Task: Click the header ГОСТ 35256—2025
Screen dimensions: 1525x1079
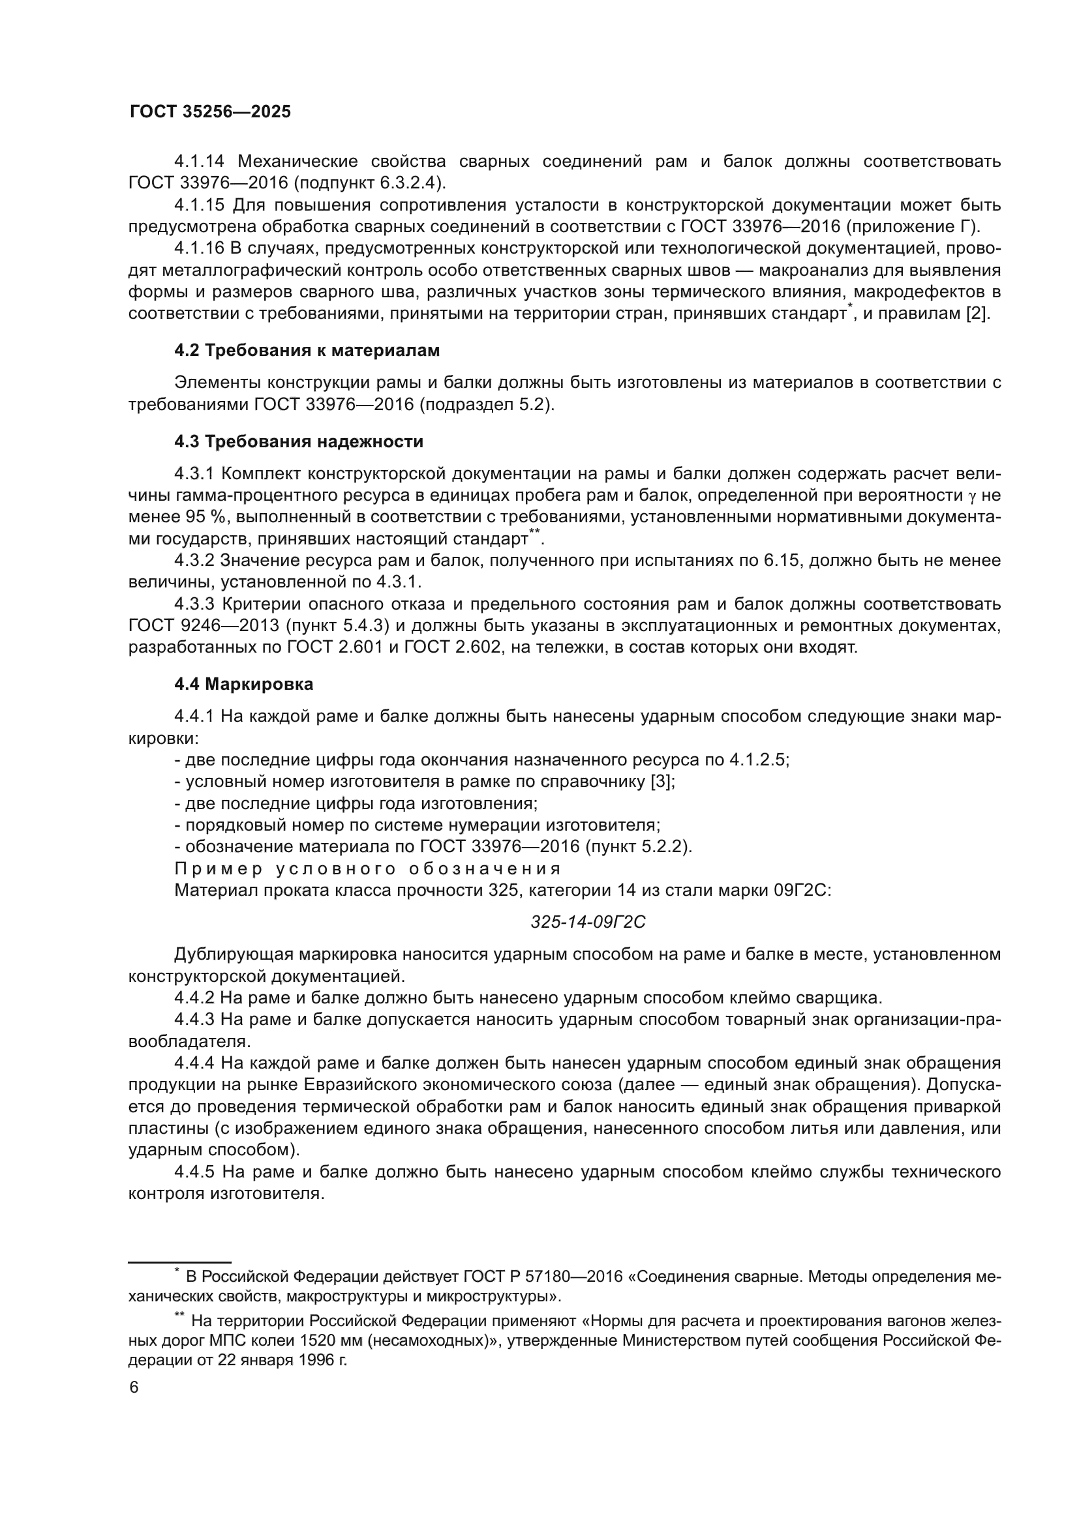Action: (x=210, y=111)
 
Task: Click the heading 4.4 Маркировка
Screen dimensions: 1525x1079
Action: (x=244, y=684)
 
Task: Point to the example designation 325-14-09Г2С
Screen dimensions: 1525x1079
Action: (x=588, y=922)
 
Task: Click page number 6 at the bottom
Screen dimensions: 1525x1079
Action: (x=134, y=1387)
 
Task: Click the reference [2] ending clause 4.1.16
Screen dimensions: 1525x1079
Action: (x=977, y=314)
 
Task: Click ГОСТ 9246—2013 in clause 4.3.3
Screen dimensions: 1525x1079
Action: (x=200, y=626)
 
